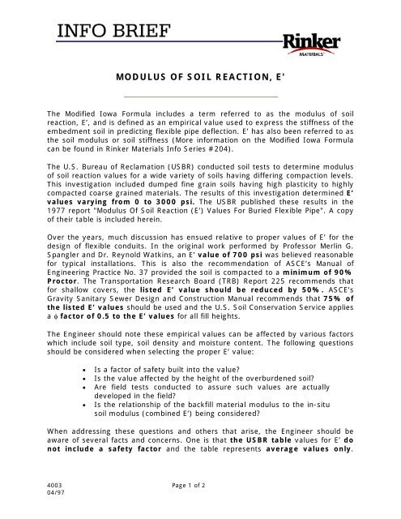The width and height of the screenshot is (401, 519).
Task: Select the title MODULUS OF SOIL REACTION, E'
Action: point(199,84)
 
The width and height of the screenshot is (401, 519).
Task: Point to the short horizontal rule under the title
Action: point(199,98)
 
